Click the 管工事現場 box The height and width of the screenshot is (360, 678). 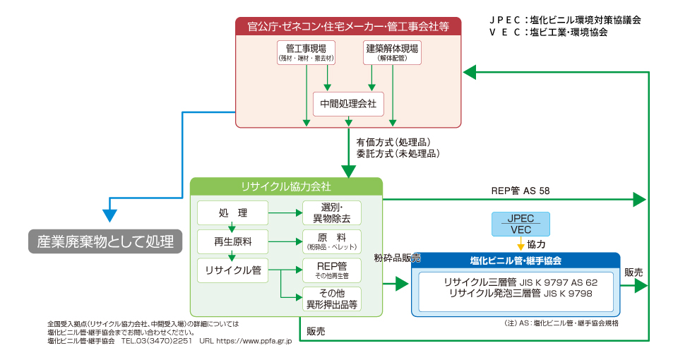click(x=306, y=53)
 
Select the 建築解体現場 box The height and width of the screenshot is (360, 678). click(x=392, y=53)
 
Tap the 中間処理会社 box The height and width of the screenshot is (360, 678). click(x=348, y=104)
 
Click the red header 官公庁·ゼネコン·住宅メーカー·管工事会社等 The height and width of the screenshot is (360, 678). click(x=348, y=26)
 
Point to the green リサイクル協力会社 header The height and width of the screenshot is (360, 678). click(x=286, y=186)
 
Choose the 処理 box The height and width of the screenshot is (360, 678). click(x=232, y=212)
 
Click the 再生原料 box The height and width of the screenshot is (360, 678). click(x=232, y=241)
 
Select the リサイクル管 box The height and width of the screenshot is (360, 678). click(x=232, y=270)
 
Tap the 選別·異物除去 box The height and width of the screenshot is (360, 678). click(x=332, y=212)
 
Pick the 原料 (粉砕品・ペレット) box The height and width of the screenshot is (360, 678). click(x=332, y=241)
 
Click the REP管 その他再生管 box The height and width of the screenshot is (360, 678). click(x=332, y=270)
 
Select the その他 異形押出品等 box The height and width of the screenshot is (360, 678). click(x=332, y=299)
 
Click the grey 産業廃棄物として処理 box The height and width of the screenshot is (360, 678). click(x=105, y=241)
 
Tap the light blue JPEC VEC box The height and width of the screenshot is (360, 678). click(x=521, y=224)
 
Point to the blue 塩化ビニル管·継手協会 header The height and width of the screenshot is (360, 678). click(x=516, y=260)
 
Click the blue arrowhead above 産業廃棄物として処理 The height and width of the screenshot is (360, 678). click(x=110, y=216)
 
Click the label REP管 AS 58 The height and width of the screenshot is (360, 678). click(x=521, y=191)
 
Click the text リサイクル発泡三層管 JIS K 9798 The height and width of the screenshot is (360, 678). click(x=521, y=294)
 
